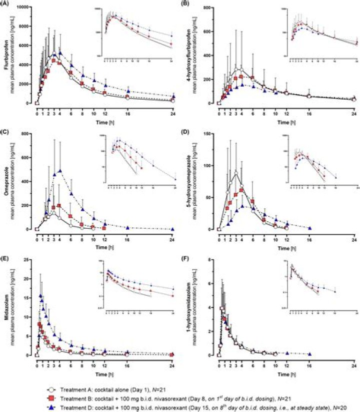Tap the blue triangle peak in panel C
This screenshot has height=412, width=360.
point(60,171)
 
